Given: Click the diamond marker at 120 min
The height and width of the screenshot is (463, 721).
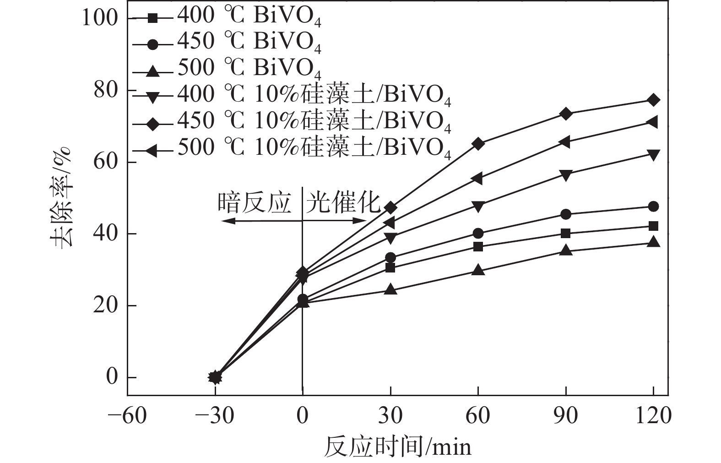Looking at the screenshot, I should point(653,100).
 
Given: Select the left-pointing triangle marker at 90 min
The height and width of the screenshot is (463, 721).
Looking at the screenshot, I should point(565,142).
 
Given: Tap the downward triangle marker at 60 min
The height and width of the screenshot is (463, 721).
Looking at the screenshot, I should point(478,207).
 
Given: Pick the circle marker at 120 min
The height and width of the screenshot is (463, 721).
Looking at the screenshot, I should point(653,207).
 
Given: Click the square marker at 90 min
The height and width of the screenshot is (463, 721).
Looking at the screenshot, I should point(565,234).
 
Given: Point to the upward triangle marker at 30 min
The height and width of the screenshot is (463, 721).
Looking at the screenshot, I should point(390,289).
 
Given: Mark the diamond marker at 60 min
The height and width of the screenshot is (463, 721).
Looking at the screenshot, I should point(478,144).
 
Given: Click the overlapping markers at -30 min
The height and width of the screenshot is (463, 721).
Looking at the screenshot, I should point(215,377).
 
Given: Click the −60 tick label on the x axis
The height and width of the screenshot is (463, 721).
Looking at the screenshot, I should point(127,416).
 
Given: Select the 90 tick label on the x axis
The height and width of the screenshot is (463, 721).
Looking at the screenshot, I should point(565,416).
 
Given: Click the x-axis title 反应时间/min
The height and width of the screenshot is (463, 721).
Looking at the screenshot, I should point(397,447).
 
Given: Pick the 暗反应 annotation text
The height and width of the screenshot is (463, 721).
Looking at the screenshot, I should point(255,202).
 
